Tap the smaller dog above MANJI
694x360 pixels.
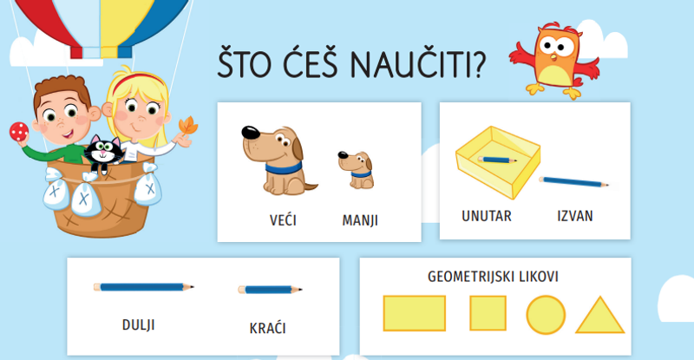tap(357, 170)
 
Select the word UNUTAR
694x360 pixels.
tap(487, 216)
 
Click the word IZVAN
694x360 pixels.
tap(575, 216)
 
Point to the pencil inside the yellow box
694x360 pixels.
tap(497, 160)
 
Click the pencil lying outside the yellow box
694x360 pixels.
tap(573, 181)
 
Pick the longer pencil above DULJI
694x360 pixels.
tap(143, 287)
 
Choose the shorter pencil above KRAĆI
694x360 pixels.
tap(270, 290)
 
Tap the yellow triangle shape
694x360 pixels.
tap(599, 315)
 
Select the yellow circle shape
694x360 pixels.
tap(546, 315)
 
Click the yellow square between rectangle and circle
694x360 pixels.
tap(488, 313)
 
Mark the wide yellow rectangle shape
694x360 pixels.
tap(415, 313)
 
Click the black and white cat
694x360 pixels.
tap(104, 153)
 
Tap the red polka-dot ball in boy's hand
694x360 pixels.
tap(19, 132)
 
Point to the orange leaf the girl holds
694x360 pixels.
tap(188, 126)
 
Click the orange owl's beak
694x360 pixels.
tap(553, 56)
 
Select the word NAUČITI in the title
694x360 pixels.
tap(418, 64)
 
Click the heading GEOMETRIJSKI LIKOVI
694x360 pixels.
tap(493, 277)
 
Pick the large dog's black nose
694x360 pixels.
tap(251, 132)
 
